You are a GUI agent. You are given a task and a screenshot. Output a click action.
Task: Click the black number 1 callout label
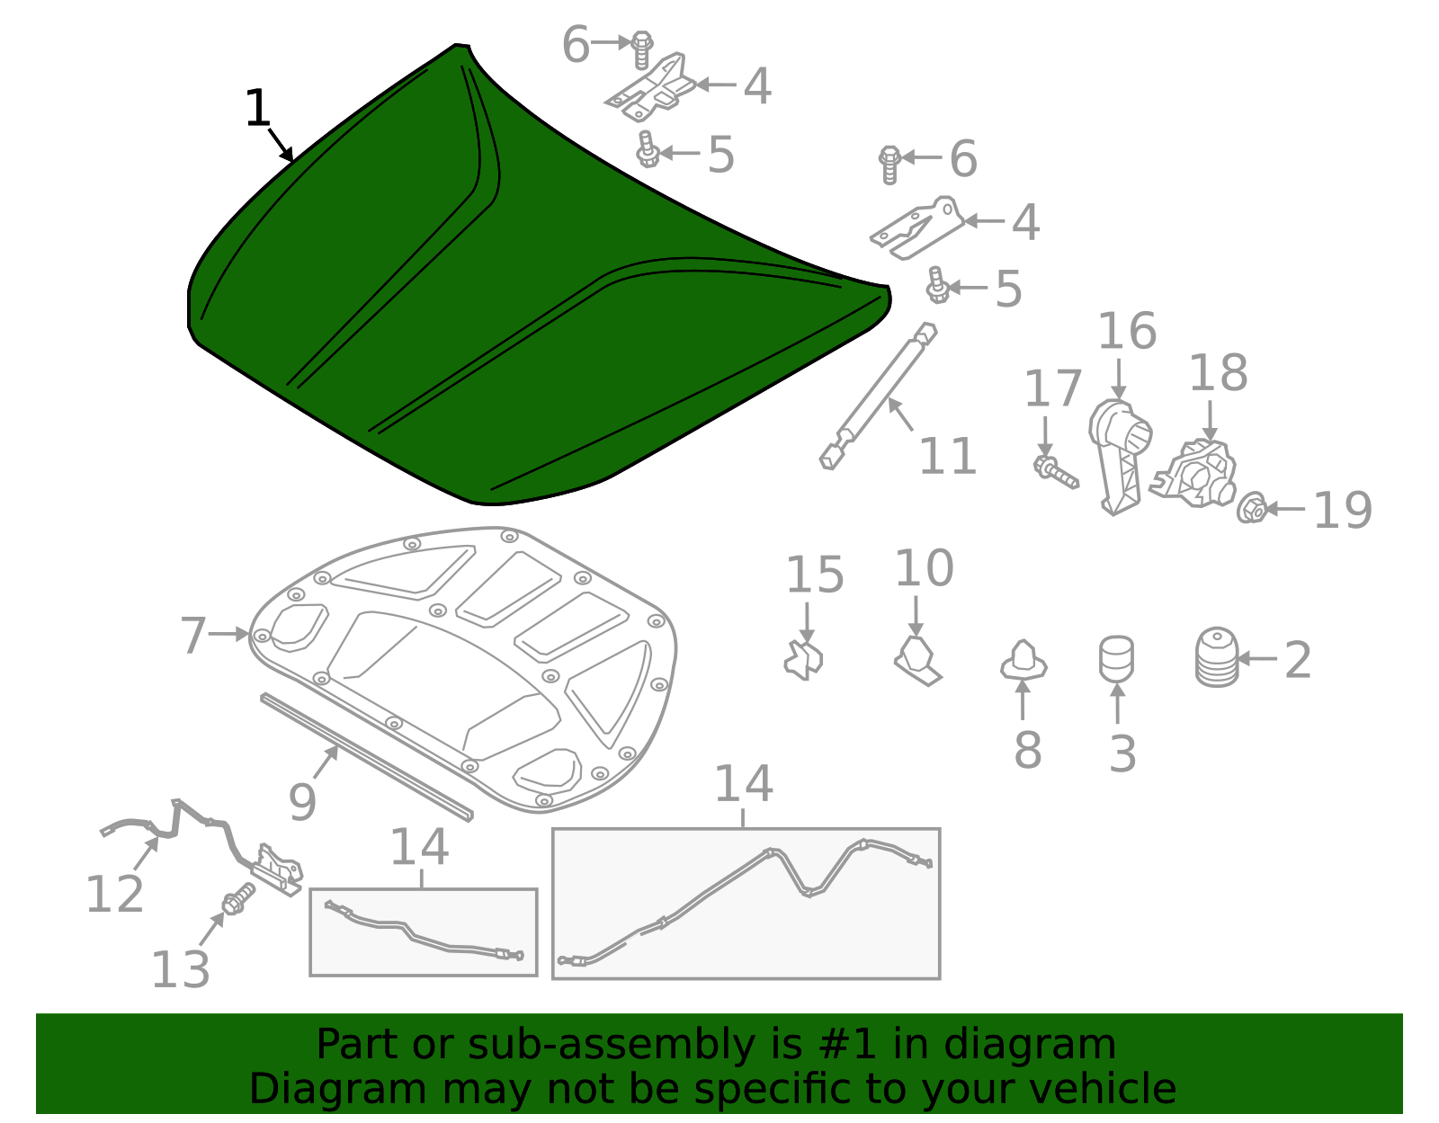point(257,109)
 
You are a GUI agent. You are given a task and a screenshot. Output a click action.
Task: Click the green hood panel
point(540,297)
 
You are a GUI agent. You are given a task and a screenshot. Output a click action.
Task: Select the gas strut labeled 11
point(878,397)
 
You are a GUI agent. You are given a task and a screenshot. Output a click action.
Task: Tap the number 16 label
point(1126,332)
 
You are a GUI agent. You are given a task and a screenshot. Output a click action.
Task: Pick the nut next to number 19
point(1251,509)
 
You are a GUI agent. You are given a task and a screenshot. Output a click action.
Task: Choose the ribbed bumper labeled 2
point(1217,658)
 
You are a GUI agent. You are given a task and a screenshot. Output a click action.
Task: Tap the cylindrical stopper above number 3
point(1116,660)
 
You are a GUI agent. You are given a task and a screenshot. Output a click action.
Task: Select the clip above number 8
point(1023,662)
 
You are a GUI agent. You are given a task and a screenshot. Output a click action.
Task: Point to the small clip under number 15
point(804,660)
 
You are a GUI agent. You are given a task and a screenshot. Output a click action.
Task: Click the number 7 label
point(193,636)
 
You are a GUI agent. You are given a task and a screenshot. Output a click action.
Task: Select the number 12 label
point(114,895)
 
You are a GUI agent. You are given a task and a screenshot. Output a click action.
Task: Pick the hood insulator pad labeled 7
point(468,665)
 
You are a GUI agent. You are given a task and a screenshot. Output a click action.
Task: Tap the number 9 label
point(302,802)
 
